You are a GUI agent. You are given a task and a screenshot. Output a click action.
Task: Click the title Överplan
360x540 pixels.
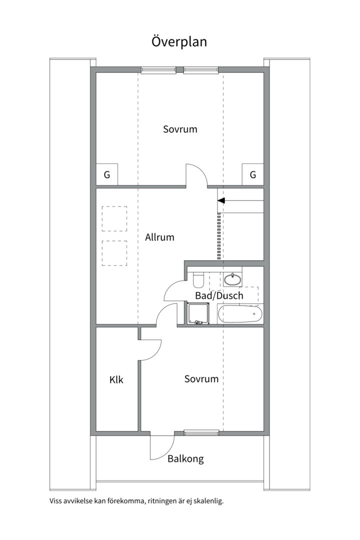179,41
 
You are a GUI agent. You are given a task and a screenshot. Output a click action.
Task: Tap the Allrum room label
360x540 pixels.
159,237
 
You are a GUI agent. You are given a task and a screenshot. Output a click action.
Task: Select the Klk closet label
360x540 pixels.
116,380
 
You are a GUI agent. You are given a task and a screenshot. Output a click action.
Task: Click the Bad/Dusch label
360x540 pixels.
219,295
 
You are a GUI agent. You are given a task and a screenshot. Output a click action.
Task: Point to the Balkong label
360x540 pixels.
185,459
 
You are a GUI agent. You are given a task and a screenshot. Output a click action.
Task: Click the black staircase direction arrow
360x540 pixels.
221,200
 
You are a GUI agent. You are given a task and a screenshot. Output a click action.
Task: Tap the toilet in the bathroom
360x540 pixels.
198,279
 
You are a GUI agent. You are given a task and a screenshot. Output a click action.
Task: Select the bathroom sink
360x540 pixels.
232,279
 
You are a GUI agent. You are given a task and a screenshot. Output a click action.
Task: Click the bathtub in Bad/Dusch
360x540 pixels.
240,314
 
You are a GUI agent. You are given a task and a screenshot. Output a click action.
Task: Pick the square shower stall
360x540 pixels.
198,313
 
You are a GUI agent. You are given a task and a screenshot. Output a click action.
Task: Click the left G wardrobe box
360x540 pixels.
107,174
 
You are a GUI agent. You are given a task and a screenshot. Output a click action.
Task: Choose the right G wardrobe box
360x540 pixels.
253,174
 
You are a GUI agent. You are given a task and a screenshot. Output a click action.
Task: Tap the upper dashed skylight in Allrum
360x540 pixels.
114,218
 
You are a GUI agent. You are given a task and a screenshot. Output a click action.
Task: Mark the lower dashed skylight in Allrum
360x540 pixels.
114,253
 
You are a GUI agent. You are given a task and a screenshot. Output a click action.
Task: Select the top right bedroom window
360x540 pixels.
201,70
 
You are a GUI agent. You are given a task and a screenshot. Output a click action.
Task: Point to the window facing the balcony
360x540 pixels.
201,433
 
